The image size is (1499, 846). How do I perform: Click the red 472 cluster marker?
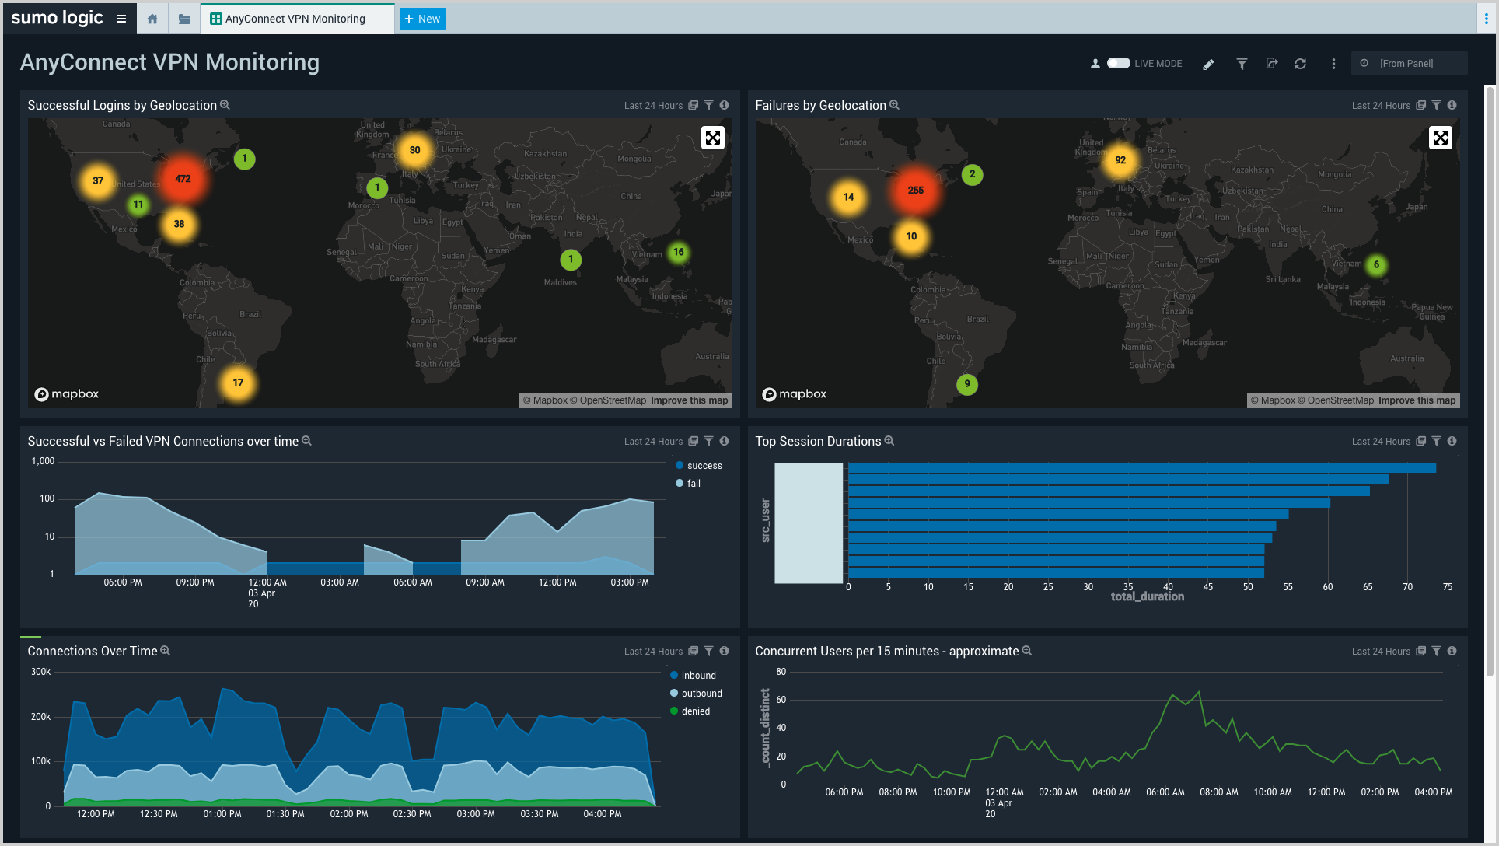(x=183, y=179)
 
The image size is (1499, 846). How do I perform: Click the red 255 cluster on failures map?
(x=915, y=191)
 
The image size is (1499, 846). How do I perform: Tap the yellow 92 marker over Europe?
(x=1120, y=160)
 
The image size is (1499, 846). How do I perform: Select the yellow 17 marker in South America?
(x=238, y=383)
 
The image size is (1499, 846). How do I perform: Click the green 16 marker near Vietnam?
(x=678, y=252)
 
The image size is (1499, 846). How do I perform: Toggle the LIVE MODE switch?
(x=1118, y=64)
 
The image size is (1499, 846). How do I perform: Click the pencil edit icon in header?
(x=1208, y=65)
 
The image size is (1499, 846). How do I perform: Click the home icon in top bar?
(x=152, y=19)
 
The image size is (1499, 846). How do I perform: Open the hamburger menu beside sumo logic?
(x=121, y=19)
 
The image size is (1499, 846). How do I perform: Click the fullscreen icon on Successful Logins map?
(x=712, y=138)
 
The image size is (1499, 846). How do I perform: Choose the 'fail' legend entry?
(x=694, y=484)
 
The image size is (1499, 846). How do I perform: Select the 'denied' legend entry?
(x=695, y=711)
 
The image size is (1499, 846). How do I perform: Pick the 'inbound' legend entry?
(x=698, y=676)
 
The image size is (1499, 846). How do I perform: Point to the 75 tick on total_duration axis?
(x=1447, y=587)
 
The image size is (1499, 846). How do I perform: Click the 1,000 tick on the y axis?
(x=43, y=461)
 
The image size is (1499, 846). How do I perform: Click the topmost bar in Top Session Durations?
(x=1141, y=468)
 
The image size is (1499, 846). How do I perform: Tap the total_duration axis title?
(x=1147, y=597)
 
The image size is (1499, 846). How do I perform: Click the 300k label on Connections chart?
(x=40, y=672)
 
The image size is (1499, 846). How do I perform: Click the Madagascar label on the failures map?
(x=1204, y=343)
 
